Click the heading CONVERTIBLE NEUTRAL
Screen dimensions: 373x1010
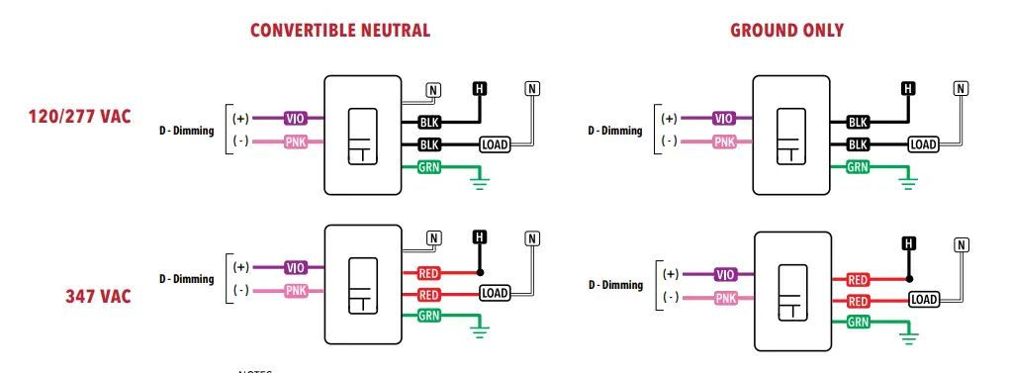(x=340, y=31)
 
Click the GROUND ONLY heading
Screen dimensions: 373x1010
(x=786, y=31)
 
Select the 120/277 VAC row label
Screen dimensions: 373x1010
(x=79, y=117)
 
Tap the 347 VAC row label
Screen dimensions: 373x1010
(x=98, y=296)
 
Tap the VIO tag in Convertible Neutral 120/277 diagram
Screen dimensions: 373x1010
(x=296, y=118)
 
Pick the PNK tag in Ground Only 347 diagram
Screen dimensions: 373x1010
(x=725, y=298)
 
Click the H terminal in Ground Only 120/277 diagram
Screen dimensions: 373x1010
(x=908, y=89)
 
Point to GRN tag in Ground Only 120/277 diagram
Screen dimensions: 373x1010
(x=857, y=167)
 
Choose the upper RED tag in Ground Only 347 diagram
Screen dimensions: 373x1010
(x=858, y=280)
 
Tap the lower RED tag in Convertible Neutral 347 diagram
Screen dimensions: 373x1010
(x=428, y=295)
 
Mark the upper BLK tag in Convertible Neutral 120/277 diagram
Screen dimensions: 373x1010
(x=428, y=123)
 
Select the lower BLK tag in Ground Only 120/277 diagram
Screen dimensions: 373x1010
(x=857, y=145)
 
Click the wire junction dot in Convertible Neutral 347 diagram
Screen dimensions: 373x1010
(x=480, y=272)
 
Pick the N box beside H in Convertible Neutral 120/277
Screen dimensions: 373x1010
(x=433, y=90)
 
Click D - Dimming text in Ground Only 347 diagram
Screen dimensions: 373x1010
(x=614, y=285)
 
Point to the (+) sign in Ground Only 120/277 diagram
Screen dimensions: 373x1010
(x=669, y=118)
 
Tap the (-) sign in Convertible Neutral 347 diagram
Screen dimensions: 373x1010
(x=240, y=290)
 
